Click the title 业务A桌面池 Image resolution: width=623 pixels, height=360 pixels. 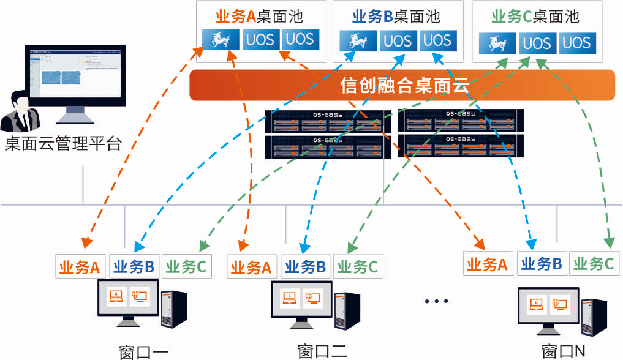coord(259,16)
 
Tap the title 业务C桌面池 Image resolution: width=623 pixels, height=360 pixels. coord(536,16)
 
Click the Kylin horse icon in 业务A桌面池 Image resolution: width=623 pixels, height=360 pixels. coord(221,40)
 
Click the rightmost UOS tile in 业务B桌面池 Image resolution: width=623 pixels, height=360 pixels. coord(437,40)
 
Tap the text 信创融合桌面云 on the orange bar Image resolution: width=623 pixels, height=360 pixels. coord(404,86)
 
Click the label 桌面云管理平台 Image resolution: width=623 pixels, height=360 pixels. coord(64,144)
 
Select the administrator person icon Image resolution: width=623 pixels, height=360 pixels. coord(20,112)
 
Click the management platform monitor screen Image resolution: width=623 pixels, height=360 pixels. coord(75,73)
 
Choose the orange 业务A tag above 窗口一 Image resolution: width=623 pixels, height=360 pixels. coord(80,266)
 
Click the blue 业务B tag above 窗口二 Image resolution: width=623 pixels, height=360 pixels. coord(306,266)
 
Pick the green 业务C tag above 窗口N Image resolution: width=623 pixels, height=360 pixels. coord(593,263)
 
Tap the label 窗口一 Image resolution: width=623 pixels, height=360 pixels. coord(143,351)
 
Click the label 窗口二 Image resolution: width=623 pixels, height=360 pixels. coord(322,351)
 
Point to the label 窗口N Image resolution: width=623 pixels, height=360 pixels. coord(564,351)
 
